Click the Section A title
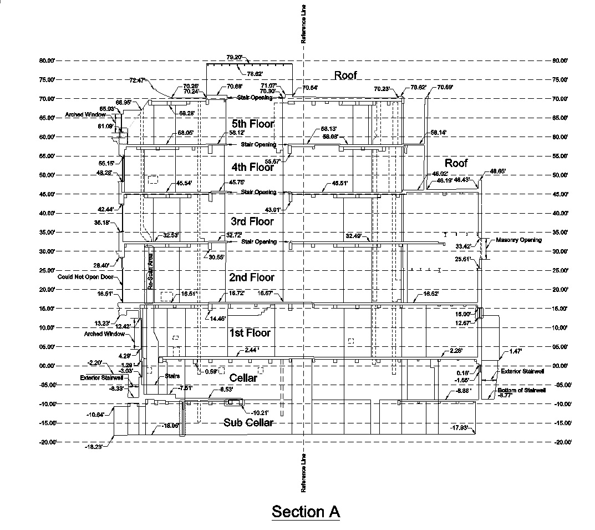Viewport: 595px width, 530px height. (x=306, y=511)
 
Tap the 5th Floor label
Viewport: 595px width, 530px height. (x=253, y=124)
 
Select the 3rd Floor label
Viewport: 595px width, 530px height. (x=253, y=221)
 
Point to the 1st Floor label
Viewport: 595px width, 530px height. (x=250, y=333)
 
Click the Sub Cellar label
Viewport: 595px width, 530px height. (x=249, y=423)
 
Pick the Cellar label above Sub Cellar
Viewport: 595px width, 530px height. (x=243, y=378)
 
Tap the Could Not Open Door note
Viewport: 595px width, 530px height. (x=86, y=276)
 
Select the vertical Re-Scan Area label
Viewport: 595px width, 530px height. (x=149, y=271)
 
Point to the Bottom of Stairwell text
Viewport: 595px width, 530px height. (x=522, y=390)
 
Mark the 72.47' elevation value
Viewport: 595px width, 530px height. (x=137, y=80)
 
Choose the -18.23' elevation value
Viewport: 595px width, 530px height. (x=94, y=447)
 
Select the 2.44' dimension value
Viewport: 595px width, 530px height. (x=251, y=350)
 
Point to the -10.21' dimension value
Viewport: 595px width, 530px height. (x=260, y=412)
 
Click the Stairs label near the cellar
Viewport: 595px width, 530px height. (x=171, y=376)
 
